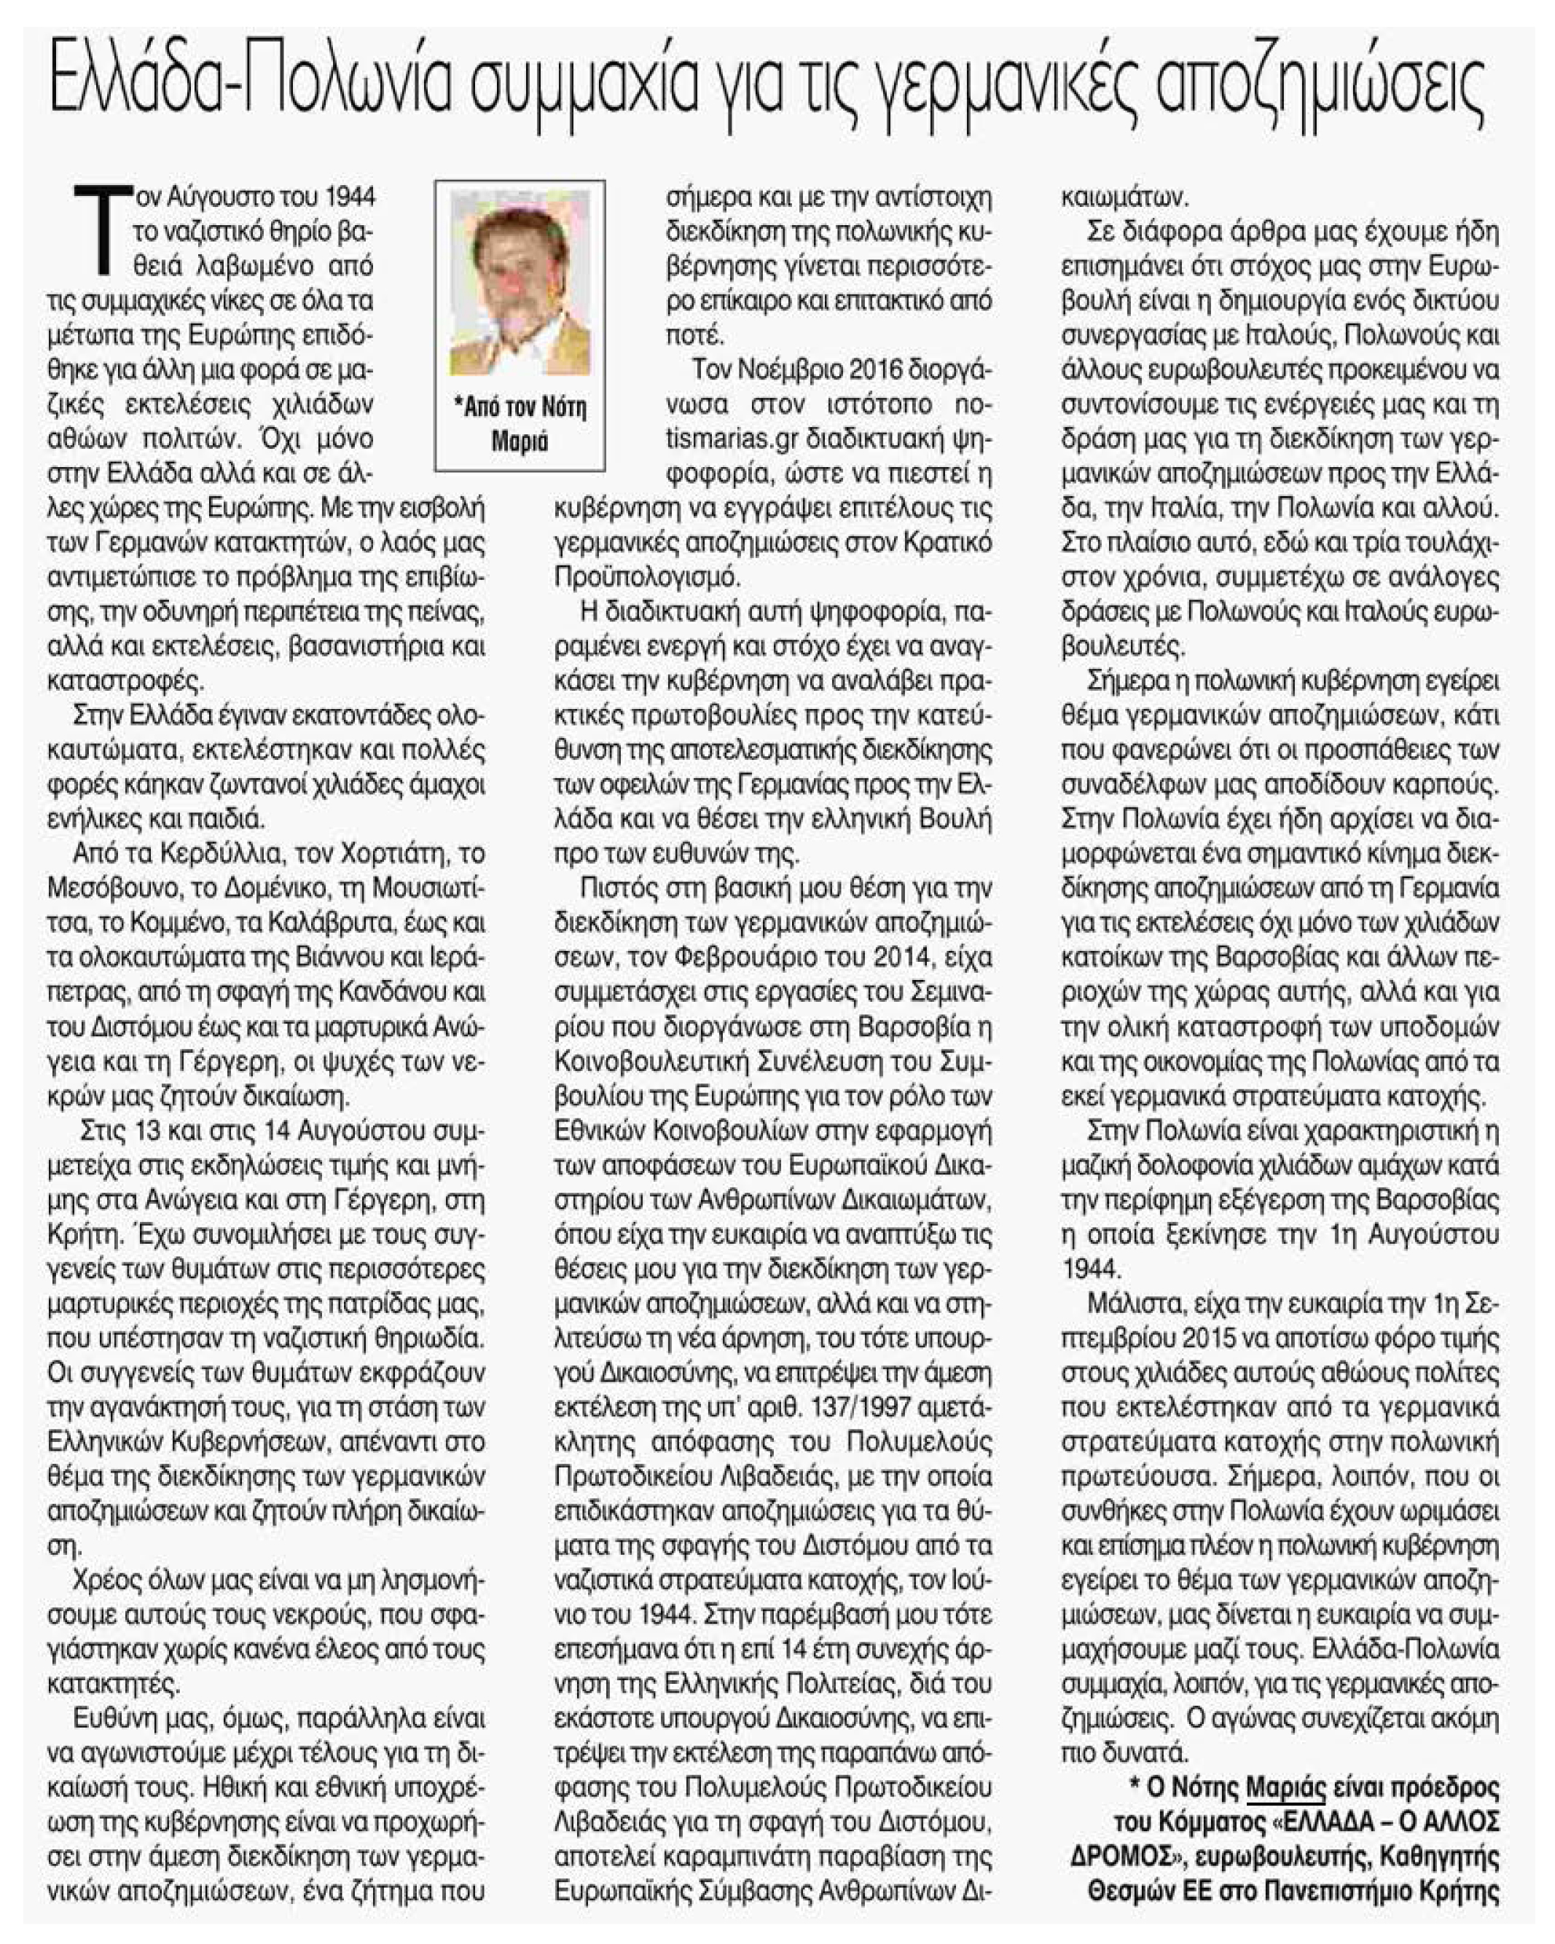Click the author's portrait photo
[x=520, y=288]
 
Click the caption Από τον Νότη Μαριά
[x=520, y=423]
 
